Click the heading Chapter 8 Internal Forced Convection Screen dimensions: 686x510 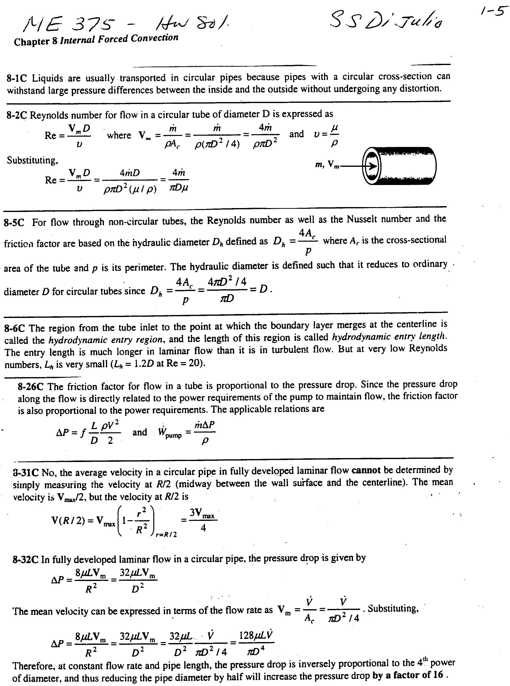96,40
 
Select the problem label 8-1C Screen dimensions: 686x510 17,78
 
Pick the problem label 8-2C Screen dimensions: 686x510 17,115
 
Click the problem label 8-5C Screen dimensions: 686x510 14,222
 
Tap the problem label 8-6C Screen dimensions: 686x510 14,328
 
